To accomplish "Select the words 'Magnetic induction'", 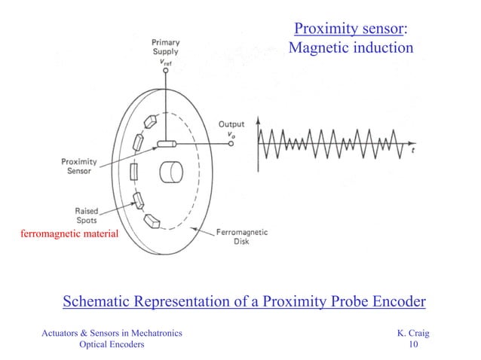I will pos(351,48).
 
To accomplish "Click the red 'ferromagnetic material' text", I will pos(69,235).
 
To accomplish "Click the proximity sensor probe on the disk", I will pos(167,144).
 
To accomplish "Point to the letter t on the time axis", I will pos(413,149).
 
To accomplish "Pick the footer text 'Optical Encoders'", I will pos(112,344).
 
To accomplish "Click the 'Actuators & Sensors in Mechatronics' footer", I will pos(111,332).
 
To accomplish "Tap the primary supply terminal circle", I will pos(165,72).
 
